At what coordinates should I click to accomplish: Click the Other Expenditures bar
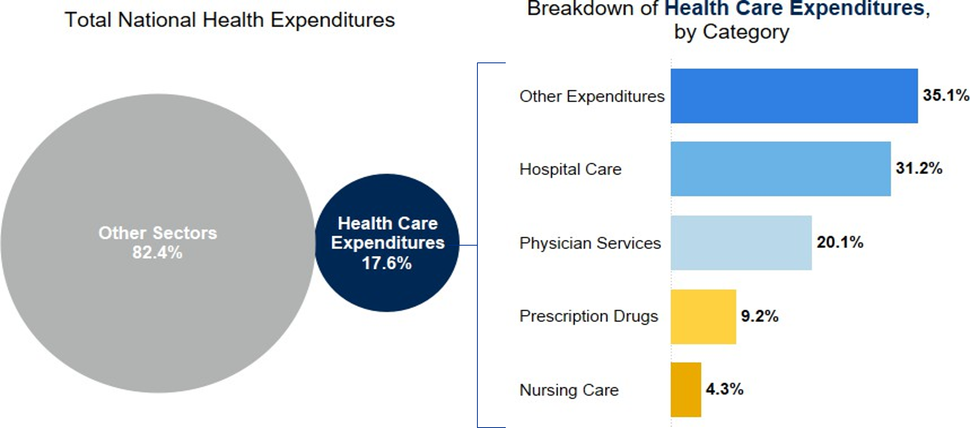[x=794, y=96]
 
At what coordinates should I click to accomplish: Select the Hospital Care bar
[x=781, y=169]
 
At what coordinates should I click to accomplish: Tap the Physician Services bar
[x=741, y=243]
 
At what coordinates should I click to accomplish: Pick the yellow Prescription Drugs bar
[x=703, y=317]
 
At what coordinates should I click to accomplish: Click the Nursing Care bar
[x=686, y=389]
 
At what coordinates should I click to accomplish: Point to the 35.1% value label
[x=945, y=95]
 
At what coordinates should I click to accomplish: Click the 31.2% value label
[x=919, y=168]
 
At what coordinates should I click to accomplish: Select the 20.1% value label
[x=839, y=242]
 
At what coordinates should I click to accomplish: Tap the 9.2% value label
[x=759, y=316]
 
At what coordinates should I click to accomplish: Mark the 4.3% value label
[x=724, y=389]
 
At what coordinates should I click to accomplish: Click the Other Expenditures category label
[x=592, y=97]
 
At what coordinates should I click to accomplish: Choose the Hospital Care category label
[x=570, y=170]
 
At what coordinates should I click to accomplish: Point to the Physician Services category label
[x=590, y=243]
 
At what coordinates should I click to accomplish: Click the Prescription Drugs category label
[x=588, y=316]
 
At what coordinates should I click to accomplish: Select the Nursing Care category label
[x=569, y=390]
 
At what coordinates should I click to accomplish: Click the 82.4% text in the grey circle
[x=157, y=253]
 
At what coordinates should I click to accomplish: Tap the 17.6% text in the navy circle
[x=387, y=263]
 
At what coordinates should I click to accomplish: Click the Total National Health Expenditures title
[x=230, y=20]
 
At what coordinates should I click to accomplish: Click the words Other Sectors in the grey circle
[x=157, y=233]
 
